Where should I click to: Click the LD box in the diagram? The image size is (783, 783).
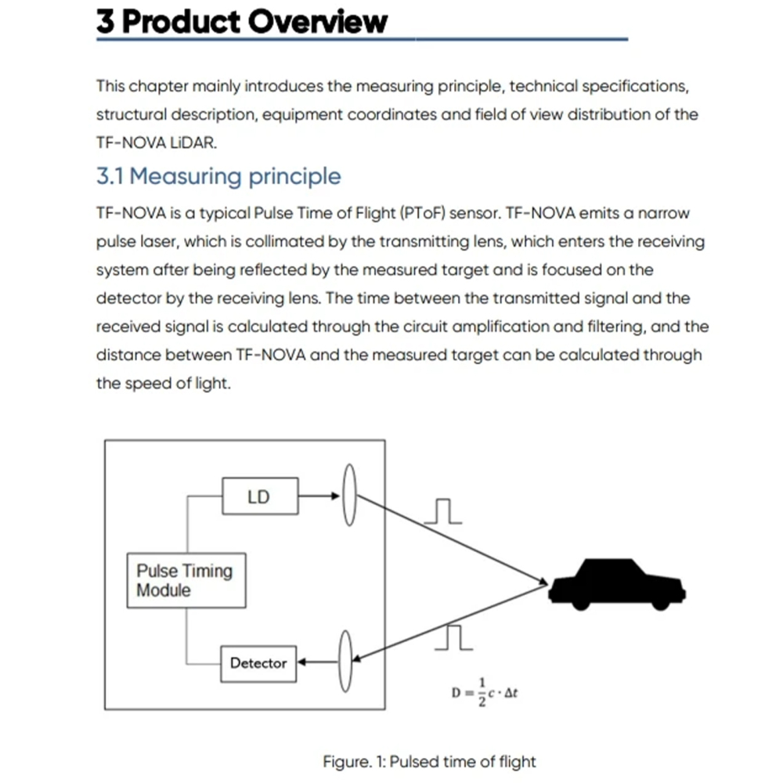click(x=260, y=496)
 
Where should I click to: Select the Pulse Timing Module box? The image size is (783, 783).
click(x=186, y=580)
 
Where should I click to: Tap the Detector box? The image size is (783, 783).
click(x=258, y=663)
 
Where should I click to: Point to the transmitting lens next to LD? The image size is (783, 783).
click(x=350, y=496)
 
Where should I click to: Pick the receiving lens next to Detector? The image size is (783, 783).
click(x=345, y=662)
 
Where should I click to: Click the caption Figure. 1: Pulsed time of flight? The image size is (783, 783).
click(x=429, y=761)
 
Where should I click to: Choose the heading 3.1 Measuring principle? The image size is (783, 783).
click(x=218, y=176)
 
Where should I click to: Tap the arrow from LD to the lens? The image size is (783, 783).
click(x=319, y=496)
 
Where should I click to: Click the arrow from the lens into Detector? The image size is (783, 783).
click(x=317, y=662)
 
